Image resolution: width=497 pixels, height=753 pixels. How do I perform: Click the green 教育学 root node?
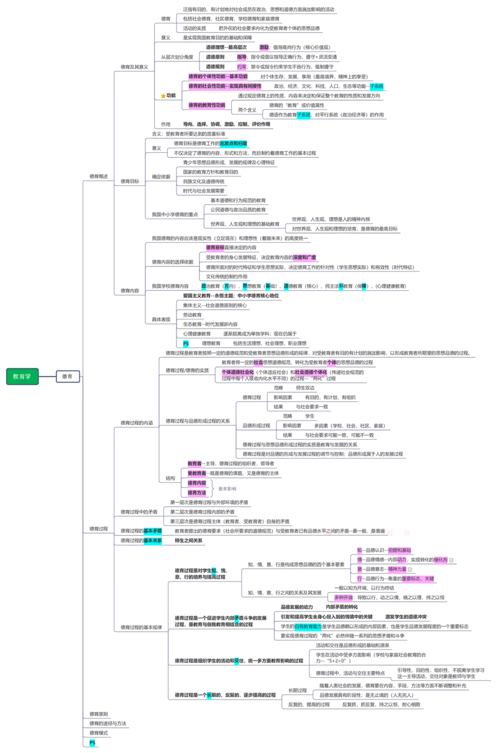coord(22,376)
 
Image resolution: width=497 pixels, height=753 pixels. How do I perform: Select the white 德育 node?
coord(67,376)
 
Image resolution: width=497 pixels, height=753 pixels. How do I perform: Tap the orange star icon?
coord(163,96)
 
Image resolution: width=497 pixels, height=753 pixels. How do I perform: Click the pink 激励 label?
coord(265,47)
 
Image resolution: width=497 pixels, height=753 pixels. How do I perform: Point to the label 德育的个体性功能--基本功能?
coord(217,76)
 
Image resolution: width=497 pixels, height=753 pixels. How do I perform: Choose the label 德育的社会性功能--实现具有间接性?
coord(225,86)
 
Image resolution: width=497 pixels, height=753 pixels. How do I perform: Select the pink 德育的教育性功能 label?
coord(207,105)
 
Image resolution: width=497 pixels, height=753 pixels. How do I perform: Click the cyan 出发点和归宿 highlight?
coord(234,144)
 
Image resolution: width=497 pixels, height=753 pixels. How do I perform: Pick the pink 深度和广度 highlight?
coord(305,258)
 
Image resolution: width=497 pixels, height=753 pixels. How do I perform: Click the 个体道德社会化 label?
coord(237,372)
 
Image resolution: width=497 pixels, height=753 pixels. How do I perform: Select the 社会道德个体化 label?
coord(311,372)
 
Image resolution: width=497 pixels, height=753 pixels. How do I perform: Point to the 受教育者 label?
coord(197,473)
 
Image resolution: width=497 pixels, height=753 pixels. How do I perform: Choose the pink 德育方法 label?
coord(197,493)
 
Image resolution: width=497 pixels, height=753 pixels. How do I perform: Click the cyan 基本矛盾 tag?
coord(153,531)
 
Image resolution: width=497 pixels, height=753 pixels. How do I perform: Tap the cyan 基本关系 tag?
coord(153,541)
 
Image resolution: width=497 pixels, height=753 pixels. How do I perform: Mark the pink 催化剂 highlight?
coord(443,559)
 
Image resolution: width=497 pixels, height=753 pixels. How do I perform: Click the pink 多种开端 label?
coord(344,598)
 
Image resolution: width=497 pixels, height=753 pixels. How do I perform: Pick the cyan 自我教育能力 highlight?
coord(308,627)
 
